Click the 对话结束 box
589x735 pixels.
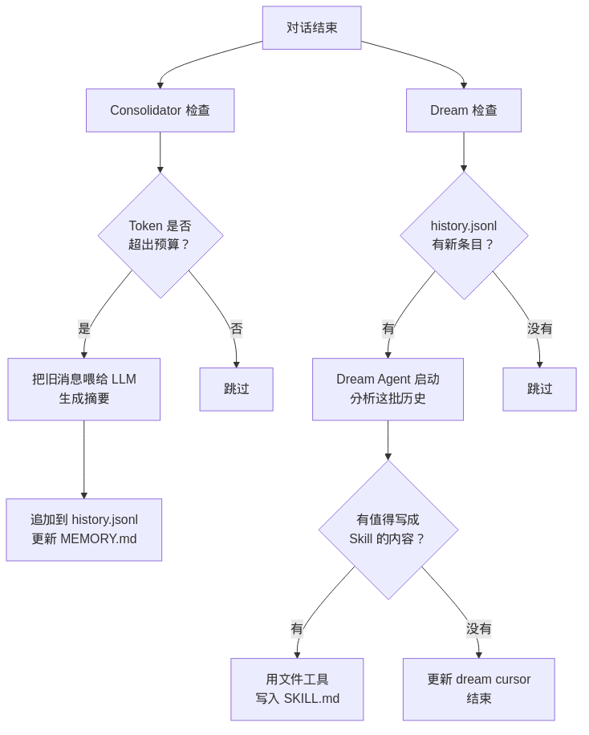311,28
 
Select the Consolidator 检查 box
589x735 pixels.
160,111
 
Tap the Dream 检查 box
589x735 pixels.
463,111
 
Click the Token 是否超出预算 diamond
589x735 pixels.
160,236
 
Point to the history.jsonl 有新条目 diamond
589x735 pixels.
464,236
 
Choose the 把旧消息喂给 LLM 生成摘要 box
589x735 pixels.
83,389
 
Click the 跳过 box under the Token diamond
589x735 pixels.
236,389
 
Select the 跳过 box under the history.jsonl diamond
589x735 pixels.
539,389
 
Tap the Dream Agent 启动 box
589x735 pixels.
388,389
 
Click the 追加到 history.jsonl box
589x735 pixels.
83,530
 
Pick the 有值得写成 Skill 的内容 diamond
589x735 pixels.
388,530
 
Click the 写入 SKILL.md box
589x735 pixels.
297,689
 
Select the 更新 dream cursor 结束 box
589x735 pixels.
478,689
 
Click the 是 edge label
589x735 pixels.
84,328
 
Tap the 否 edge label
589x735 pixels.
236,328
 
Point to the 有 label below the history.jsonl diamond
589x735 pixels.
388,328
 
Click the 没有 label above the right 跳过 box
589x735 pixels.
539,328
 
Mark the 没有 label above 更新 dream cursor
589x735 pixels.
479,628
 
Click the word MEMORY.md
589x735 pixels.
98,539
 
